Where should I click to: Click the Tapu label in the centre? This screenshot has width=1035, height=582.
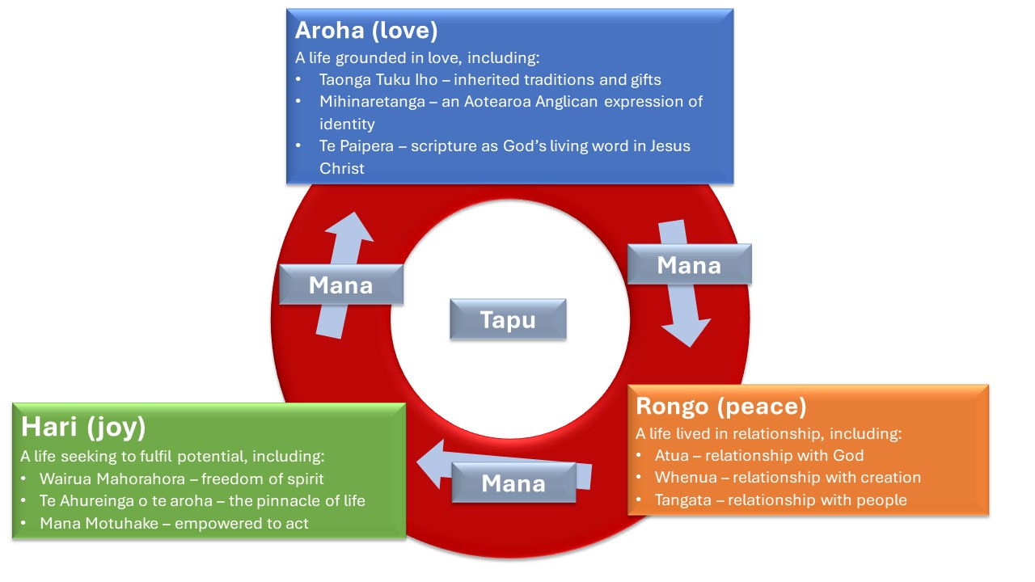tap(508, 319)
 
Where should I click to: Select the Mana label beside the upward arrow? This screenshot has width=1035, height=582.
tap(340, 285)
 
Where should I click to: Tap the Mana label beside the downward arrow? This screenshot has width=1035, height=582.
tap(689, 264)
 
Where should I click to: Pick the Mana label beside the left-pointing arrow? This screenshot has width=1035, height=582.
tap(513, 483)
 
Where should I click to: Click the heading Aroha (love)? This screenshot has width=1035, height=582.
tap(366, 31)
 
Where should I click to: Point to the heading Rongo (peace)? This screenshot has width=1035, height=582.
tap(721, 406)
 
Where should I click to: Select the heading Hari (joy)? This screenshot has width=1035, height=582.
tap(83, 426)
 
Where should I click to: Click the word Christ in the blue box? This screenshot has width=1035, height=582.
tap(342, 169)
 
